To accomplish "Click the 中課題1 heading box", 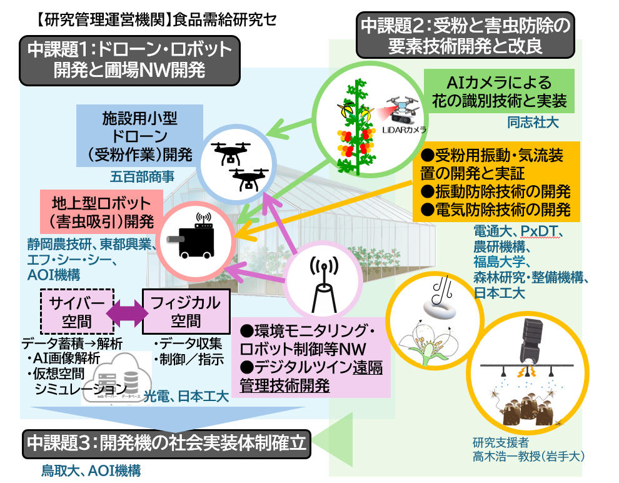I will tap(130, 59).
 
